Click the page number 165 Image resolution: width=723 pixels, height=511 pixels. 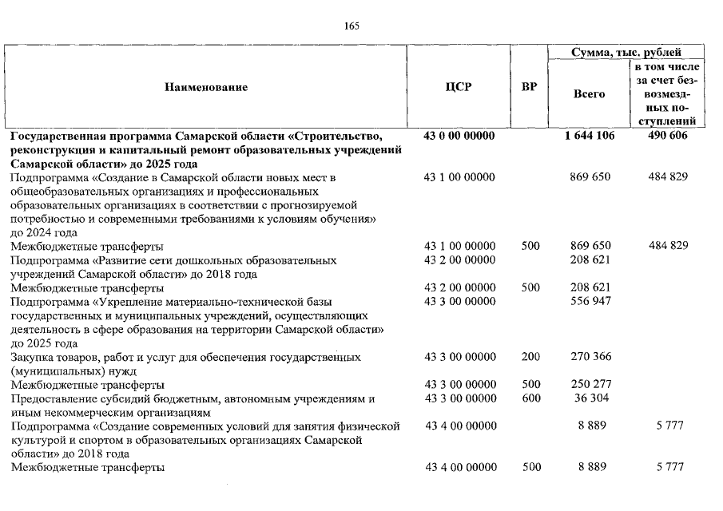click(352, 26)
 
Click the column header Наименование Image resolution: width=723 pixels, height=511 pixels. click(206, 88)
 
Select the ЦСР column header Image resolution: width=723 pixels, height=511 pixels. click(459, 88)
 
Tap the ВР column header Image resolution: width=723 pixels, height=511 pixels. click(529, 88)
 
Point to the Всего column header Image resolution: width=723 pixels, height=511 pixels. click(590, 94)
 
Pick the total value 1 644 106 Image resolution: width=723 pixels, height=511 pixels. click(590, 136)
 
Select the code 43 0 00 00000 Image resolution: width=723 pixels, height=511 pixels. click(459, 136)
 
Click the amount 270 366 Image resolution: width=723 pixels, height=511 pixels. click(590, 357)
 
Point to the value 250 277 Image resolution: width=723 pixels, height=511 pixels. click(590, 385)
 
